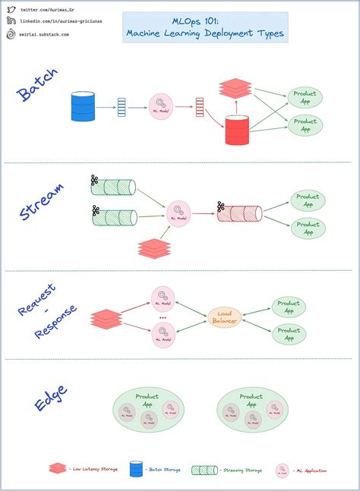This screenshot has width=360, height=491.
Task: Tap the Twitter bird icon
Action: (11, 8)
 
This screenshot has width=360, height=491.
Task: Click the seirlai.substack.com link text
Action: (46, 34)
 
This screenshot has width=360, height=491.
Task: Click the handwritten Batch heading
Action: (36, 94)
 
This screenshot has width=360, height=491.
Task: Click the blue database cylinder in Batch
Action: (82, 106)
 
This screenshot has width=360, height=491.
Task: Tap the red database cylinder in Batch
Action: (237, 130)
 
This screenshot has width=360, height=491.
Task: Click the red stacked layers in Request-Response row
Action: (106, 319)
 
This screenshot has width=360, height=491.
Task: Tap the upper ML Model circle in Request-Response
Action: (163, 297)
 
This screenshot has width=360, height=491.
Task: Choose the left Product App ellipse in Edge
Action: (146, 411)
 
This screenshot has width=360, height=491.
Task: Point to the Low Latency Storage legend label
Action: (94, 471)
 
